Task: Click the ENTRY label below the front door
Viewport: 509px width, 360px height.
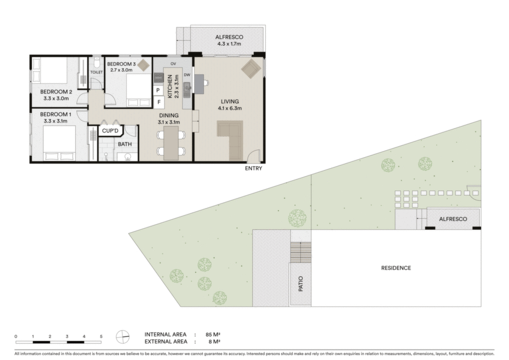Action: tap(253, 168)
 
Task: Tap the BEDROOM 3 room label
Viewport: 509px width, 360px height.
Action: tap(121, 64)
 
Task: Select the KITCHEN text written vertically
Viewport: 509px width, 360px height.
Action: tap(170, 87)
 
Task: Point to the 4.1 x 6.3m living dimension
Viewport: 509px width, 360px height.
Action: tap(230, 108)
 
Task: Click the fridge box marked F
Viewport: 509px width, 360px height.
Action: tap(159, 102)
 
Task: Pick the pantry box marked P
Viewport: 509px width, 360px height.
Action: tap(159, 90)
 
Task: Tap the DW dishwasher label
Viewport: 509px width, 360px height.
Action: tap(187, 75)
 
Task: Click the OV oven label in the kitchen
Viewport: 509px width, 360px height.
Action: tap(173, 64)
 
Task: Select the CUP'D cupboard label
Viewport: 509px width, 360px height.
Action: tap(110, 131)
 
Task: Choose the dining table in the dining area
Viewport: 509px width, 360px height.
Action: tap(171, 143)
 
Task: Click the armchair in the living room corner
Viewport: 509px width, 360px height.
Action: tap(251, 69)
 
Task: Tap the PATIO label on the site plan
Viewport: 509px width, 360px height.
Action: tap(301, 284)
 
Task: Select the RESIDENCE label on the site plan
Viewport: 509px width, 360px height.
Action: tap(396, 268)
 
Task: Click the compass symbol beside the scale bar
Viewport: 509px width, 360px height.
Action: tap(123, 337)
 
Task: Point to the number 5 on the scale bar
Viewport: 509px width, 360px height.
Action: tap(101, 337)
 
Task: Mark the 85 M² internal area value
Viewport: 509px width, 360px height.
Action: tap(213, 334)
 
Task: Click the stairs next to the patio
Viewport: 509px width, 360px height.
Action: tap(301, 252)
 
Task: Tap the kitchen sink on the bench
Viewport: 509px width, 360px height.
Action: tap(187, 90)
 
